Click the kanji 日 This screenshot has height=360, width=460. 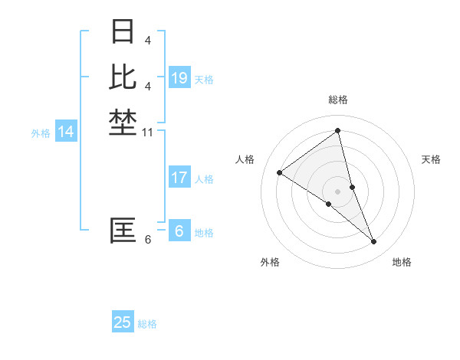(x=123, y=32)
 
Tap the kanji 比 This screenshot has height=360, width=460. (x=123, y=77)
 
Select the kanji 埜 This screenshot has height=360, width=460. (x=123, y=122)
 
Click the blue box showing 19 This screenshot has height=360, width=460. (x=179, y=78)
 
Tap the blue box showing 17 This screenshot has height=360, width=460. (x=179, y=178)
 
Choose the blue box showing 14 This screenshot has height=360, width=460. (x=66, y=132)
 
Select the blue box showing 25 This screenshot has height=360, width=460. (x=123, y=322)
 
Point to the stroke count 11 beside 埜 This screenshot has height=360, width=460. (x=148, y=133)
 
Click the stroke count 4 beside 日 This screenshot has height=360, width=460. (x=147, y=40)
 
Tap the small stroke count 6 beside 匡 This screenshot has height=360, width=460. (x=147, y=240)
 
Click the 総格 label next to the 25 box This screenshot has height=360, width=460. (x=147, y=324)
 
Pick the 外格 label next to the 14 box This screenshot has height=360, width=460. (x=41, y=133)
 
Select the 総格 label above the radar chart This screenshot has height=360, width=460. (x=337, y=100)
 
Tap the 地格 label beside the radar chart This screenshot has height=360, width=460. (x=402, y=262)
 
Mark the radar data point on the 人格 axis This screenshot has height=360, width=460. (x=279, y=172)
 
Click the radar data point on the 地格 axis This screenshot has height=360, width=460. (x=374, y=242)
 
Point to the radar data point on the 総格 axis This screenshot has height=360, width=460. (x=337, y=130)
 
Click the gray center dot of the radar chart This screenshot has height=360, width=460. (x=337, y=191)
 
